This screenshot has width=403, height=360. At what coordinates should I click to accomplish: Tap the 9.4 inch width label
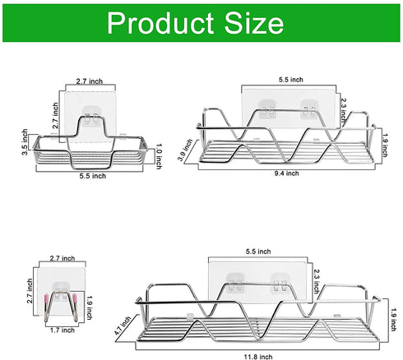[x=285, y=173]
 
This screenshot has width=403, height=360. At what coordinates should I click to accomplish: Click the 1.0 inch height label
[x=160, y=155]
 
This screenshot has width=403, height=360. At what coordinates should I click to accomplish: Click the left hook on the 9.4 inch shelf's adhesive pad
[x=266, y=108]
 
